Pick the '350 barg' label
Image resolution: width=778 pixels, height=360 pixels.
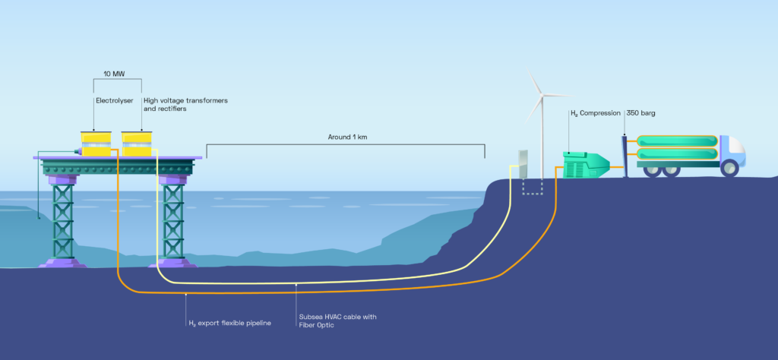[641, 113]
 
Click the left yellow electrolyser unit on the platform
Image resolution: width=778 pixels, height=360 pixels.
[96, 144]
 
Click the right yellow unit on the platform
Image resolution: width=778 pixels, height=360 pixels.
[138, 144]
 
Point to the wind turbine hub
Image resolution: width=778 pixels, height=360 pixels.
[542, 95]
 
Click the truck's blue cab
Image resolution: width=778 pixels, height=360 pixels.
[731, 151]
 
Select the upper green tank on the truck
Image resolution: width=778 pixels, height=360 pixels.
[677, 141]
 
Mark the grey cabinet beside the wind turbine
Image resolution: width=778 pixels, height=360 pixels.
[523, 166]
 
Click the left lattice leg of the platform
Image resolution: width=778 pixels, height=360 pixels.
[62, 220]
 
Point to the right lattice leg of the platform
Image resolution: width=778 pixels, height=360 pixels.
[173, 220]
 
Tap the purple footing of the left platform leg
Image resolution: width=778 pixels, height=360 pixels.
[62, 263]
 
